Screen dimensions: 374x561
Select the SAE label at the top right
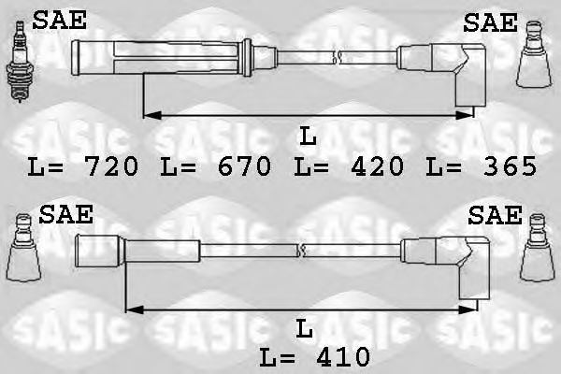click(490, 22)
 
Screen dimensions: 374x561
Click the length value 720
click(110, 167)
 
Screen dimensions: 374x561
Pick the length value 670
click(243, 167)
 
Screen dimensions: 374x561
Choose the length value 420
click(376, 167)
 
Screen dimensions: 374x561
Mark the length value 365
click(509, 167)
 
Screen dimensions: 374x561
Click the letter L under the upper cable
click(309, 137)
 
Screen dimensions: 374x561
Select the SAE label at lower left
click(65, 215)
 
